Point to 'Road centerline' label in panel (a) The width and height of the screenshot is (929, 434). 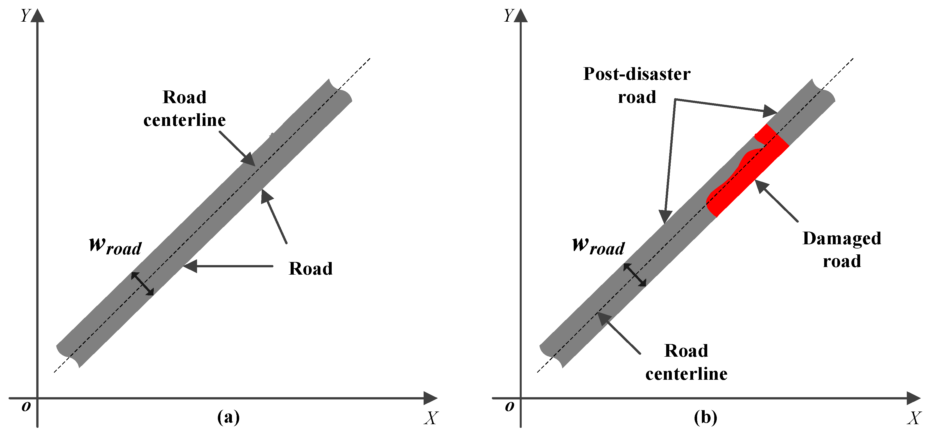coord(185,108)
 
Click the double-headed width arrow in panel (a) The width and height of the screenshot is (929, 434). coord(143,284)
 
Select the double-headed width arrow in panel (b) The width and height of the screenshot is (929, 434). coord(635,275)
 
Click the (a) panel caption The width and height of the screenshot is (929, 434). coord(228,417)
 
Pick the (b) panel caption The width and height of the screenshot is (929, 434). coord(706,417)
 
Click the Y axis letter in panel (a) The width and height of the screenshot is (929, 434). coord(25,15)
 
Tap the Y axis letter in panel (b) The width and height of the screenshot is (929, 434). coord(508,15)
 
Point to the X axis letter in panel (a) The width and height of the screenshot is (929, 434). coord(431,418)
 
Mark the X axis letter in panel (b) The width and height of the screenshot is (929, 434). coord(914,418)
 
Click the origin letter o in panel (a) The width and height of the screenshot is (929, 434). coord(26,406)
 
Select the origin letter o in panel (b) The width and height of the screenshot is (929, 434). coord(509,406)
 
